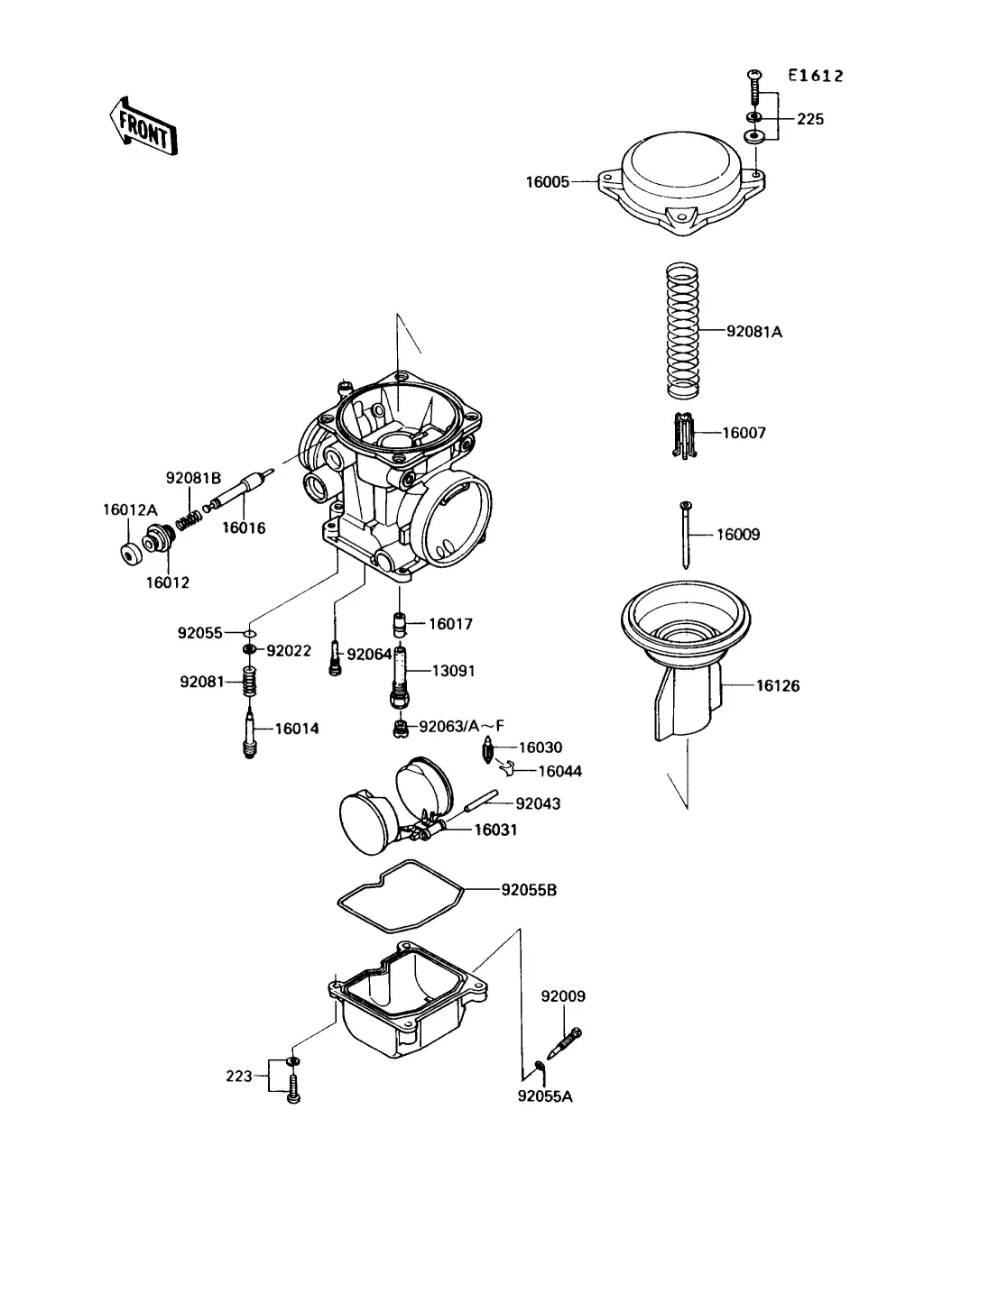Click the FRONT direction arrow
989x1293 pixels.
(143, 126)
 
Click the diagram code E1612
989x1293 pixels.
(816, 76)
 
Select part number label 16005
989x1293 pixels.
(548, 182)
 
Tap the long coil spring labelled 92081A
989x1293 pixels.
(682, 330)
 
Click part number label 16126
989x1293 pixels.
(778, 685)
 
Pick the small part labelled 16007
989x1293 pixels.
(683, 436)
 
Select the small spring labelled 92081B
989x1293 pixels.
(189, 519)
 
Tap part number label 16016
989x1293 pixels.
(244, 527)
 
